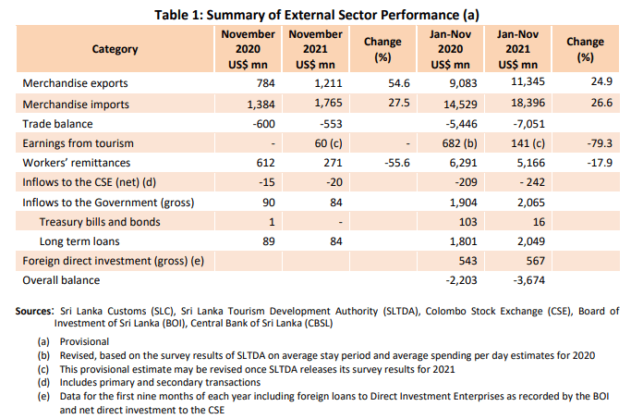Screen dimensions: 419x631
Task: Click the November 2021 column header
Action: point(315,49)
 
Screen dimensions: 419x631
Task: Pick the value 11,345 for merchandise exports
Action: point(522,83)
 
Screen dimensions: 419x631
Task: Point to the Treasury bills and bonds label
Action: point(99,222)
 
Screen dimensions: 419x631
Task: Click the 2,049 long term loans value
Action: point(524,240)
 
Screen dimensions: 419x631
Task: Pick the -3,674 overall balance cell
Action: point(521,279)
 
